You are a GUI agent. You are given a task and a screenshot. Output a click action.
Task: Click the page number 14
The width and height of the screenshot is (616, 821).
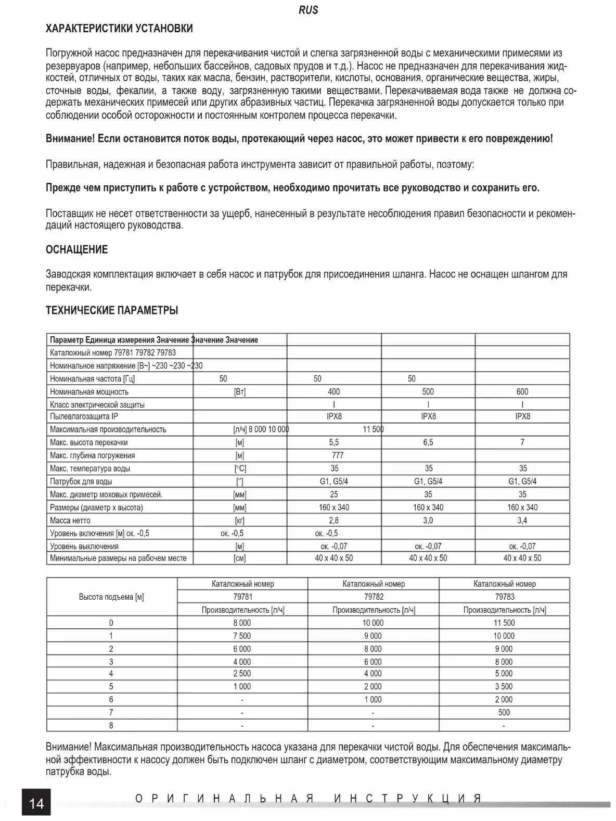36,804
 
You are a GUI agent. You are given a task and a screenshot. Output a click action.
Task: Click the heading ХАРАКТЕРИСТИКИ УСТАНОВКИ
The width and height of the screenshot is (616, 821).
119,29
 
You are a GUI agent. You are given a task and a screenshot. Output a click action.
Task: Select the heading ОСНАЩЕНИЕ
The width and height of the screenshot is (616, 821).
76,250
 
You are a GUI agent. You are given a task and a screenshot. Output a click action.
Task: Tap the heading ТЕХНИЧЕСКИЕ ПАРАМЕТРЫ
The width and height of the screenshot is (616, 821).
112,311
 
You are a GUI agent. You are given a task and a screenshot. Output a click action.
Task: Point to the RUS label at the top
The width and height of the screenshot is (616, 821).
309,10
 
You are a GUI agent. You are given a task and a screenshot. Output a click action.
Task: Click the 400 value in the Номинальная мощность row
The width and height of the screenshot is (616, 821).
333,391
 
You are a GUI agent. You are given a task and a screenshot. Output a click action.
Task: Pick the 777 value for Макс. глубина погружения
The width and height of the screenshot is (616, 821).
337,455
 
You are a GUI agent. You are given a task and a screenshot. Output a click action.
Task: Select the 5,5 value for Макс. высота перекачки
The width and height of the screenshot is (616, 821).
333,442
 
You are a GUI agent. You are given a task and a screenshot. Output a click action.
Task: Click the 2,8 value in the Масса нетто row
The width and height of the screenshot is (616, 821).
333,520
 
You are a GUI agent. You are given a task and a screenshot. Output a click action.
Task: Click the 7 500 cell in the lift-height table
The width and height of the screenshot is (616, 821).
242,636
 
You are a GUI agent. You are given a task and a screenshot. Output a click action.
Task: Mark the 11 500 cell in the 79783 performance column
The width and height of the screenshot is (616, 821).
504,623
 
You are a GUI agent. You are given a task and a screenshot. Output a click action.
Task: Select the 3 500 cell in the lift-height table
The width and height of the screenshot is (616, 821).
504,686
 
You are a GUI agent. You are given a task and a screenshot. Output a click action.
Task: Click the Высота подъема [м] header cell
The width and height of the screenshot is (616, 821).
111,597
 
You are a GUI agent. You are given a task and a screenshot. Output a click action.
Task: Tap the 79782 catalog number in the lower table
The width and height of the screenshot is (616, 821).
374,597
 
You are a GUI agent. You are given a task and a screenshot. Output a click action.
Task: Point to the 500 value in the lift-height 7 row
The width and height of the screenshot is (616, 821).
504,712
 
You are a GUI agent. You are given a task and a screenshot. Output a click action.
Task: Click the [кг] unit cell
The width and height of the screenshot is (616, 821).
240,520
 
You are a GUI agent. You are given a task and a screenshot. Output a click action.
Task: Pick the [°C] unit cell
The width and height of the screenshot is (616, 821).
240,468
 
